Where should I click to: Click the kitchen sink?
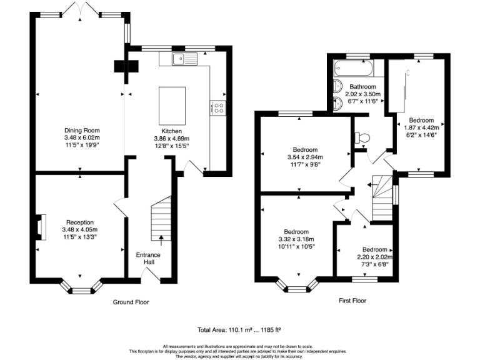tap(184, 59)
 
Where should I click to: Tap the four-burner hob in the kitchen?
tap(218, 108)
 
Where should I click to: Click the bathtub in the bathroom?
tap(354, 68)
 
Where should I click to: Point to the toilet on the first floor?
tap(362, 137)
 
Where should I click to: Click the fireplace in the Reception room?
tap(41, 227)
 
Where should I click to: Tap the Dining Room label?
tap(82, 131)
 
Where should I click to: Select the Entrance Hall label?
tap(148, 258)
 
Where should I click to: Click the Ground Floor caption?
tap(131, 302)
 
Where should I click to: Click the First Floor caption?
tap(352, 301)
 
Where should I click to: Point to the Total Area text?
tap(239, 330)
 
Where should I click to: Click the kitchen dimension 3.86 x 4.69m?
tap(172, 139)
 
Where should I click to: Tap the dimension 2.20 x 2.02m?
tap(375, 257)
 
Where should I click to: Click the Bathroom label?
tap(362, 87)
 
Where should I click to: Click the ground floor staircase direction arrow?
tap(161, 241)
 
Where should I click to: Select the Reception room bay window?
tap(81, 287)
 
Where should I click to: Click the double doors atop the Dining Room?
tap(81, 8)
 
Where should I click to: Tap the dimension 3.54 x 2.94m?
tap(305, 157)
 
